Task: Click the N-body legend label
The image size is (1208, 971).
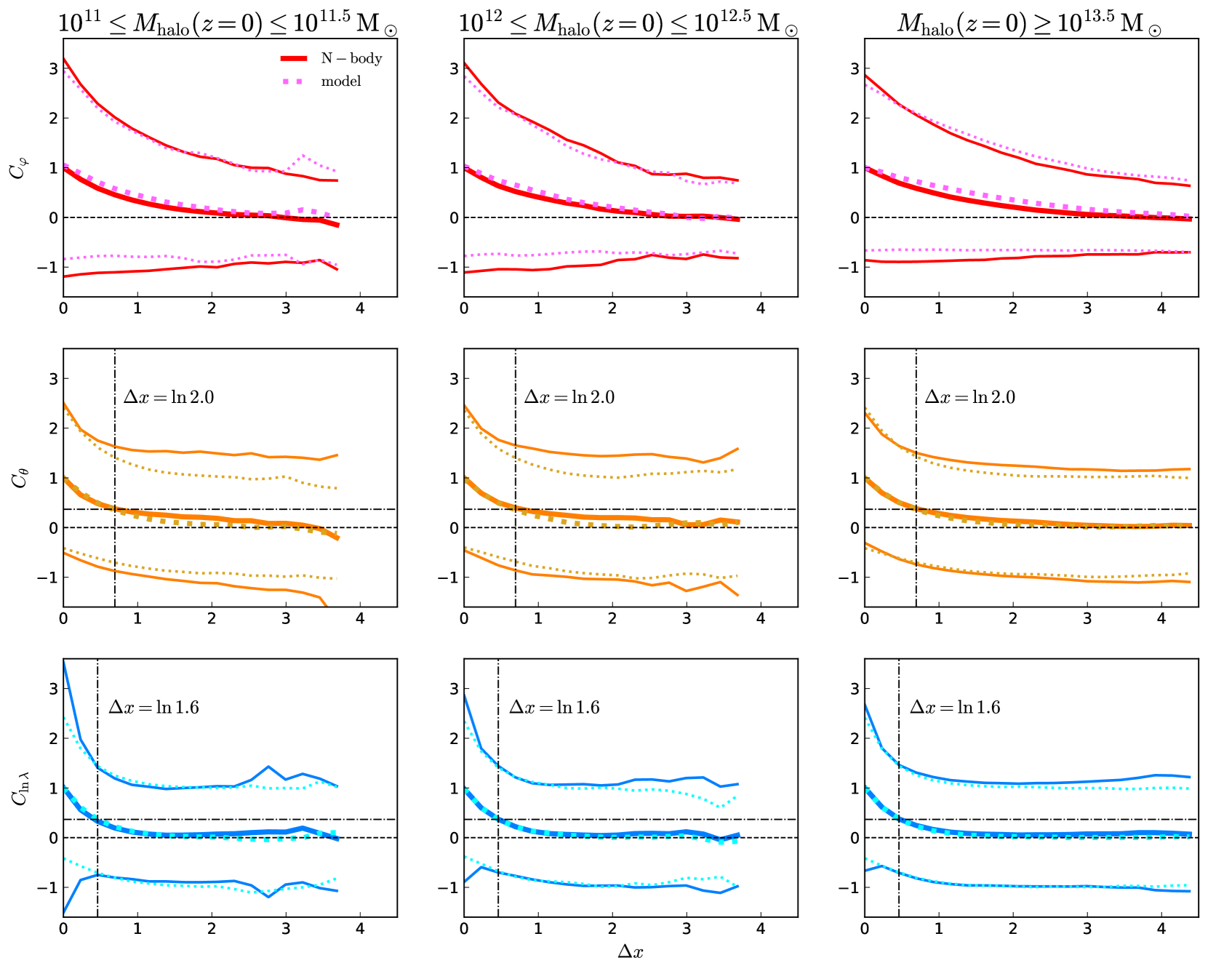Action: pos(351,58)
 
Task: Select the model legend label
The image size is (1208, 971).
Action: pos(341,81)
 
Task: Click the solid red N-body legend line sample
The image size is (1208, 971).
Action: pos(294,58)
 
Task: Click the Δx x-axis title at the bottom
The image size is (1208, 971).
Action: pos(631,951)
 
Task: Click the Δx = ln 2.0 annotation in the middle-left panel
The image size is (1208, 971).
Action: pos(169,397)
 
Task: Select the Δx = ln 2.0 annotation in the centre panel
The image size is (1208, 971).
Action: pos(569,397)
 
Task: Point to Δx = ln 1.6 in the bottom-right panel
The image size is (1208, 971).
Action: pos(955,707)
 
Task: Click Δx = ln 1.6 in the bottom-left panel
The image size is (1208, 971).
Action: pos(153,707)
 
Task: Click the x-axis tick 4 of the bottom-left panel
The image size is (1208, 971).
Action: pos(360,929)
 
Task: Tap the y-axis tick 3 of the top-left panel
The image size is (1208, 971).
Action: pos(53,68)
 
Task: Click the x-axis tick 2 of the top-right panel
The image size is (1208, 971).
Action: pos(1013,308)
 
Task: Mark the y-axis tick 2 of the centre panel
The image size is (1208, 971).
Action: pos(454,428)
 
